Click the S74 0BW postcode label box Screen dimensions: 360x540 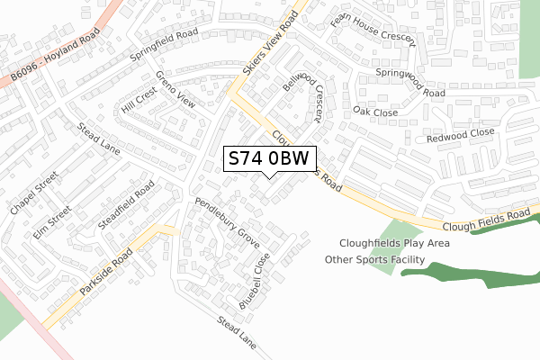(268, 158)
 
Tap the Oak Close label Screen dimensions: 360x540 (375, 112)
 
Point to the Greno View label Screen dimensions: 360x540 (175, 88)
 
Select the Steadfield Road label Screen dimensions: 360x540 (127, 204)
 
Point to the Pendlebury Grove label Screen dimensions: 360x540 (227, 225)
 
